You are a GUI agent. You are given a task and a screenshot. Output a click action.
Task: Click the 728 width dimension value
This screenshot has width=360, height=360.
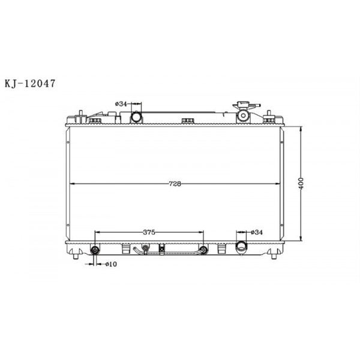click(x=175, y=184)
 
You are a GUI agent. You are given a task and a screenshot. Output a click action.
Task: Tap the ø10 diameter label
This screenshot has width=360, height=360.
click(x=111, y=264)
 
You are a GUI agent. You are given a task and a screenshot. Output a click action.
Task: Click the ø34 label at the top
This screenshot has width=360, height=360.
click(x=121, y=104)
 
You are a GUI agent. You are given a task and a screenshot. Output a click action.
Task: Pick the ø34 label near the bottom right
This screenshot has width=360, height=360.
click(x=257, y=232)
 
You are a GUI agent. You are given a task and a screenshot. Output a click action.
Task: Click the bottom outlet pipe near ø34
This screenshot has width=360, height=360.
click(x=242, y=247)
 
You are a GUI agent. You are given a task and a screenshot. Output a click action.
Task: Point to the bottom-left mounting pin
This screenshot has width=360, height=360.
click(x=76, y=256)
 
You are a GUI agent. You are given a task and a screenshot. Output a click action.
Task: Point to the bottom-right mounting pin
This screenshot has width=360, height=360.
click(x=275, y=256)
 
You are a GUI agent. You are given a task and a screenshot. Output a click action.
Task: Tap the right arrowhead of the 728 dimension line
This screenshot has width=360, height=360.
click(x=278, y=184)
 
